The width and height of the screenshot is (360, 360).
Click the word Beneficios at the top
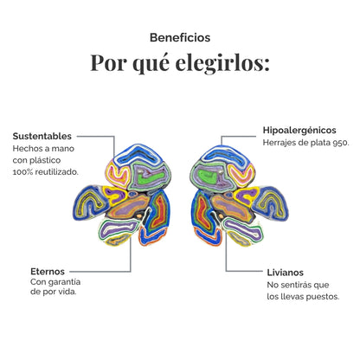click(180, 37)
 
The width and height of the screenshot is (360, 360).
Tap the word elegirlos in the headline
click(222, 63)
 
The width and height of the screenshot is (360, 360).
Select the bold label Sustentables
click(42, 136)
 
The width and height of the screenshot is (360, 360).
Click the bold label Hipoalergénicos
click(299, 130)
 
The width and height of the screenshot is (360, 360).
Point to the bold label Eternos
click(48, 272)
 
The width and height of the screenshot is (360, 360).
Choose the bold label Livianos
click(286, 273)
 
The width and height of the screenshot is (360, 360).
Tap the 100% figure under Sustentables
click(22, 172)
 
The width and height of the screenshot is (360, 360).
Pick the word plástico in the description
click(45, 160)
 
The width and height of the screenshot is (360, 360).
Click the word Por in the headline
click(108, 63)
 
